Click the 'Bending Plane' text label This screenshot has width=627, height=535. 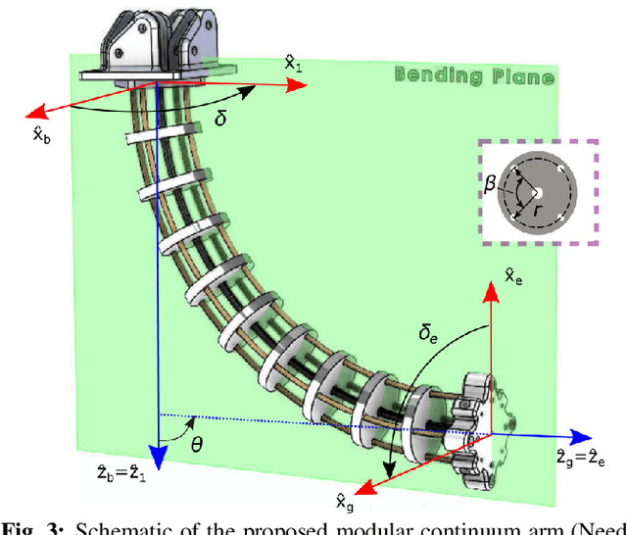click(x=473, y=74)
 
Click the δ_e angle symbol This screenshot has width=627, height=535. click(x=429, y=335)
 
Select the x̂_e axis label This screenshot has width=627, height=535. click(x=513, y=276)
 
